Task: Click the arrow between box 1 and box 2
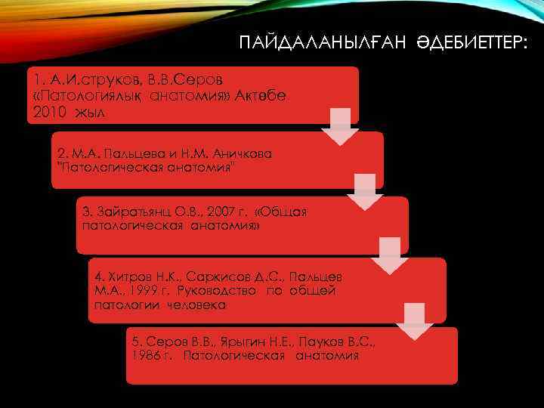(340, 126)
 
